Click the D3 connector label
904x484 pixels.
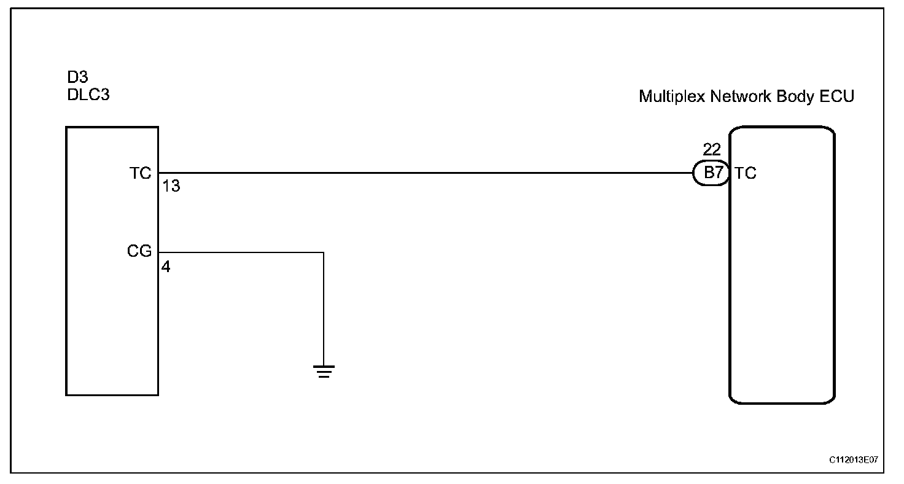coord(77,78)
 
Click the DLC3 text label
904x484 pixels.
coord(88,95)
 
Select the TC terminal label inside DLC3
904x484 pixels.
coord(140,173)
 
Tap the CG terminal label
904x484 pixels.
coord(139,251)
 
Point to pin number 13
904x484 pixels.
coord(171,186)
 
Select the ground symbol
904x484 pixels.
coord(324,371)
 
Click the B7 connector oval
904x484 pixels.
coord(712,173)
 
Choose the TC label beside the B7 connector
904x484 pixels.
coord(745,173)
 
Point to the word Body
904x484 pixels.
coord(796,96)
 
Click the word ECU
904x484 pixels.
coord(839,96)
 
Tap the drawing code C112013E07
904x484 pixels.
coord(853,459)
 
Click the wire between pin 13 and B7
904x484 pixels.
coord(424,173)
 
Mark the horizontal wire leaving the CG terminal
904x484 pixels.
coord(240,252)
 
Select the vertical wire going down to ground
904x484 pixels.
coord(324,307)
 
